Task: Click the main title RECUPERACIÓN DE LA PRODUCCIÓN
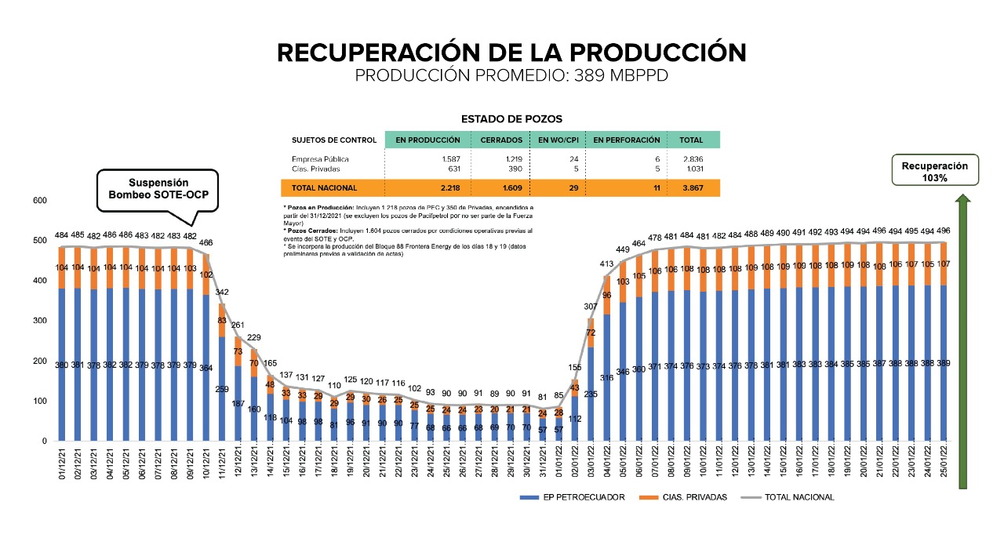pyautogui.click(x=511, y=53)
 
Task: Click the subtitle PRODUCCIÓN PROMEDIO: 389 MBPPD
pyautogui.click(x=511, y=75)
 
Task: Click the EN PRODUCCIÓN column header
pyautogui.click(x=427, y=140)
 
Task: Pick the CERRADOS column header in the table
pyautogui.click(x=500, y=140)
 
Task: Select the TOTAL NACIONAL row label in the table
pyautogui.click(x=324, y=188)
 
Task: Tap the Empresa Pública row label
pyautogui.click(x=320, y=159)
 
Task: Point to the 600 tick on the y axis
pyautogui.click(x=41, y=201)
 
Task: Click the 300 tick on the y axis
pyautogui.click(x=41, y=321)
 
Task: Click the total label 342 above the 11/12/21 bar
pyautogui.click(x=222, y=293)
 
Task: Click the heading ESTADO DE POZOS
pyautogui.click(x=511, y=119)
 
